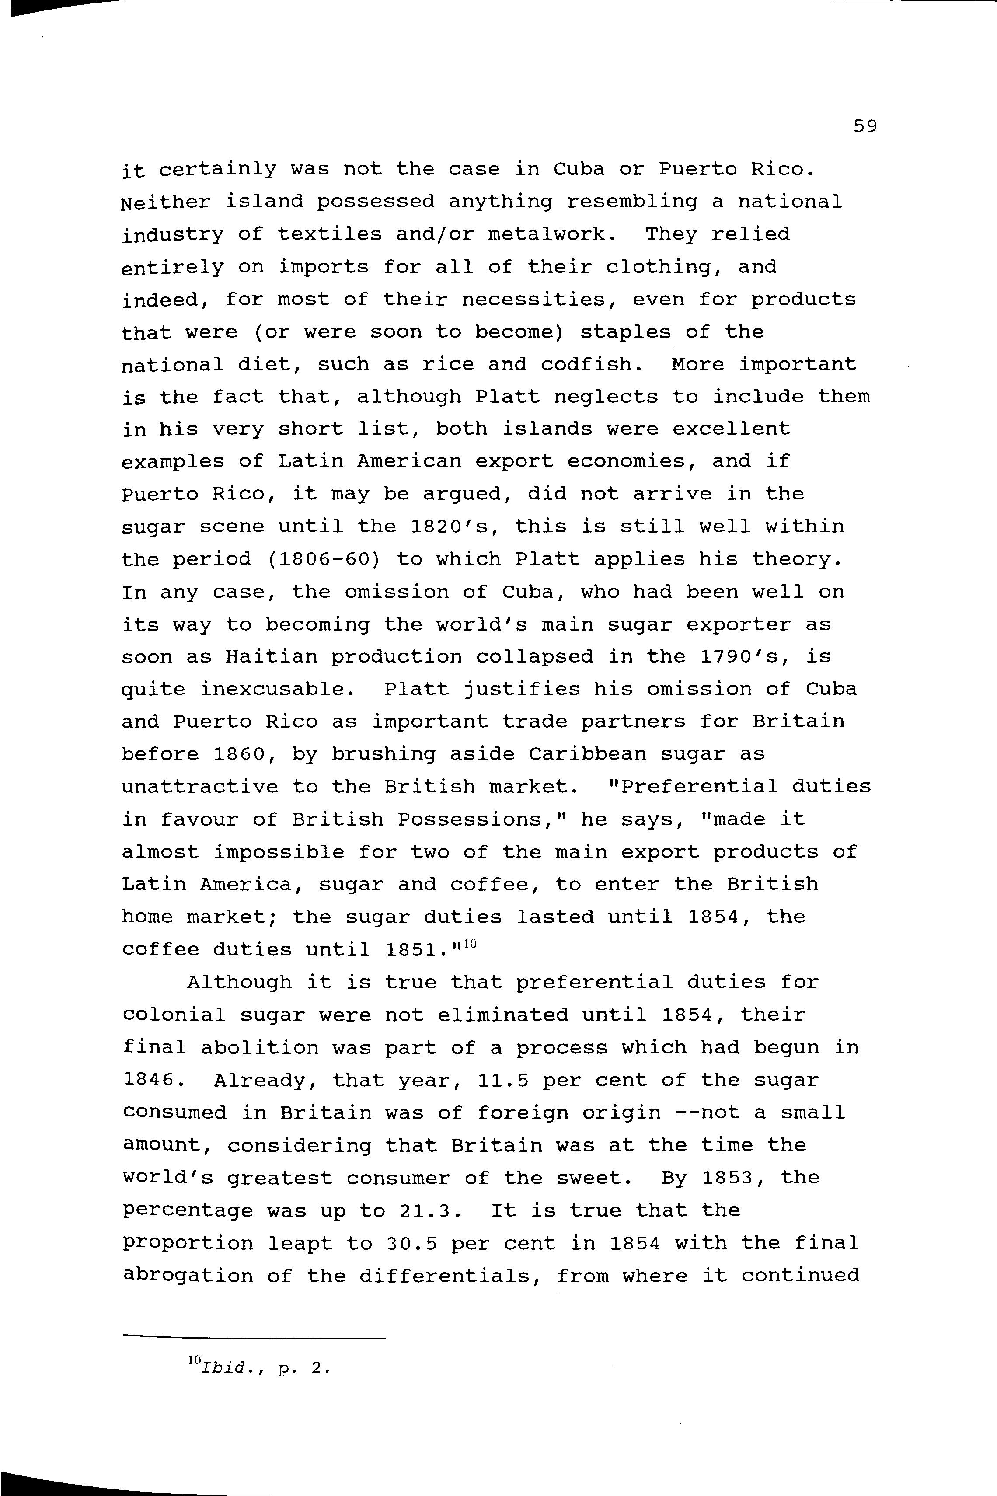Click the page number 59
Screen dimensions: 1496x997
[x=865, y=126]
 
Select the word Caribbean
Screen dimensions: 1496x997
[x=587, y=755]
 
